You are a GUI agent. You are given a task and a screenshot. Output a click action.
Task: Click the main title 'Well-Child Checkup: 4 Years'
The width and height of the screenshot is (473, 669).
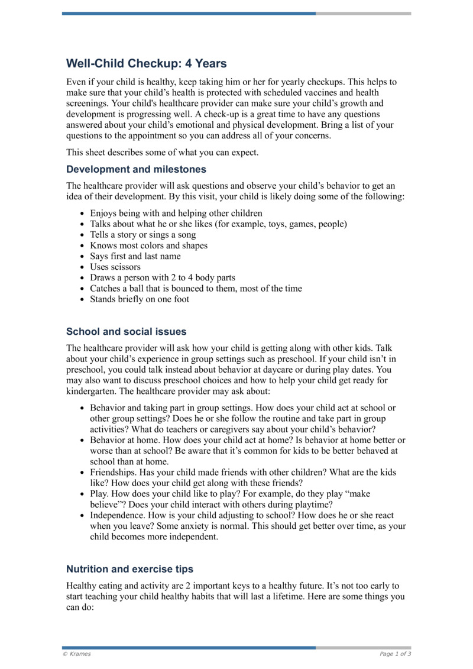point(146,63)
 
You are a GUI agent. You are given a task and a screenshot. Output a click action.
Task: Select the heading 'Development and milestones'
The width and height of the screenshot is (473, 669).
point(136,169)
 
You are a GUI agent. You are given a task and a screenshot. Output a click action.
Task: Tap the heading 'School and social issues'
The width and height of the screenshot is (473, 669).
point(126,331)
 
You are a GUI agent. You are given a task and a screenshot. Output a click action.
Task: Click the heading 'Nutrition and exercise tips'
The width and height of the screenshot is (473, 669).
point(129,569)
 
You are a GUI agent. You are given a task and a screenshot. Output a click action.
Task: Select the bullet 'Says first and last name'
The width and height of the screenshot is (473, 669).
point(135,256)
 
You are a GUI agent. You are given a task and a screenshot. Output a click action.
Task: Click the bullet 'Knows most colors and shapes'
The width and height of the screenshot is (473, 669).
point(148,245)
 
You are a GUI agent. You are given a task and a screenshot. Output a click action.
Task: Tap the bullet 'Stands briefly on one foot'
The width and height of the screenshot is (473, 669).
point(140,299)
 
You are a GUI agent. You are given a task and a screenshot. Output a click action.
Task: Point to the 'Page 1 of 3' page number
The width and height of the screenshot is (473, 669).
point(395,654)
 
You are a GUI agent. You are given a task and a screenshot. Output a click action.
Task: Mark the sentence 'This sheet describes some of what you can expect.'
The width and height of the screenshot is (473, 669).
point(163,152)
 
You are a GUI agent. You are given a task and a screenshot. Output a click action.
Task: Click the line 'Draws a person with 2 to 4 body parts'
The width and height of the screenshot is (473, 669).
point(163,277)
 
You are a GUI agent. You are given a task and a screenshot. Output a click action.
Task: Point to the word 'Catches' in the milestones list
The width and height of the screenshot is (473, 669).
point(105,289)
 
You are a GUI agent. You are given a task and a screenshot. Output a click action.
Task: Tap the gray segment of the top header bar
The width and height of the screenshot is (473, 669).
point(363,13)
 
